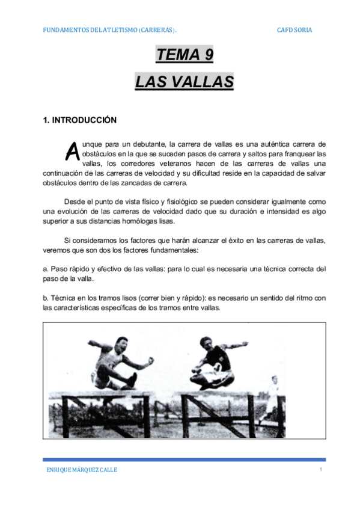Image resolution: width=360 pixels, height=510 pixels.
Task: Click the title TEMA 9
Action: pyautogui.click(x=184, y=55)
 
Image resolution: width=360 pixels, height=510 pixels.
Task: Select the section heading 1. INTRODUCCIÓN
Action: pyautogui.click(x=79, y=120)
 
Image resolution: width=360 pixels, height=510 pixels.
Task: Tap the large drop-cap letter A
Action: pyautogui.click(x=72, y=152)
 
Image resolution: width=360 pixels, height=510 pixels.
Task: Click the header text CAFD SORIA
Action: pyautogui.click(x=294, y=30)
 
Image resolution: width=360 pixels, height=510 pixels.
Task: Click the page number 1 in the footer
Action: pyautogui.click(x=322, y=470)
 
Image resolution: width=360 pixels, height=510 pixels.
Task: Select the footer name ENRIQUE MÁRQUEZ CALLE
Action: pyautogui.click(x=82, y=470)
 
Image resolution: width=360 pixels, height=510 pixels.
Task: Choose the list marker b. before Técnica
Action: pyautogui.click(x=46, y=298)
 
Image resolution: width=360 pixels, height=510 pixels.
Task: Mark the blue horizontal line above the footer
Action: pyautogui.click(x=184, y=459)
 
